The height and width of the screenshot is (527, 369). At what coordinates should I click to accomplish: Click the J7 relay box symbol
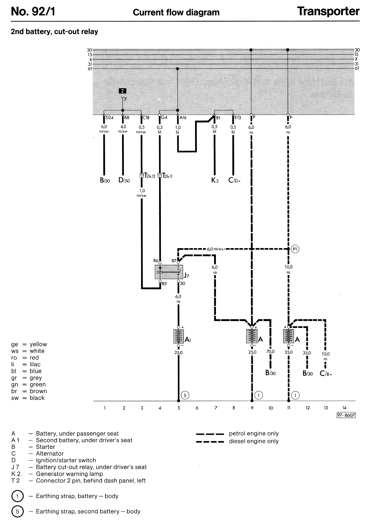click(x=169, y=272)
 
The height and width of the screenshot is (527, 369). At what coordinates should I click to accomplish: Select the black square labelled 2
click(x=122, y=91)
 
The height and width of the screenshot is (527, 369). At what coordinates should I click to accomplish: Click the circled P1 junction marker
click(x=295, y=249)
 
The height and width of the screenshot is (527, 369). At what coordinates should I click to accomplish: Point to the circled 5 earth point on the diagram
click(x=185, y=395)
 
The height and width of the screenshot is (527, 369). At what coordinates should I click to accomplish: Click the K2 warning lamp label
click(x=215, y=180)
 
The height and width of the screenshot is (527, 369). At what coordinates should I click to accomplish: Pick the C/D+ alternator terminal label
click(x=234, y=180)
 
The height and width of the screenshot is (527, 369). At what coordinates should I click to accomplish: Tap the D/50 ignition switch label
click(x=124, y=180)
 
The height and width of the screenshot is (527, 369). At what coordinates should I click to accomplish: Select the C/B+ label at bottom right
click(x=326, y=374)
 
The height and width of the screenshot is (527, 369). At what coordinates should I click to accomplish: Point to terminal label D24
click(x=109, y=118)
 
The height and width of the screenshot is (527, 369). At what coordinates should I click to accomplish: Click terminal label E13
click(x=238, y=118)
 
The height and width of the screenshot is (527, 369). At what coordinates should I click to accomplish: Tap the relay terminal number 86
click(x=156, y=260)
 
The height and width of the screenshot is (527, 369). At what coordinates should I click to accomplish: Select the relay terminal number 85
click(x=164, y=284)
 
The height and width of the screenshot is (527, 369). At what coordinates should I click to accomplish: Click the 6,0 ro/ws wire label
click(x=215, y=249)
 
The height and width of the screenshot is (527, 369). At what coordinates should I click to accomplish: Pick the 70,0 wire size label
click(x=270, y=352)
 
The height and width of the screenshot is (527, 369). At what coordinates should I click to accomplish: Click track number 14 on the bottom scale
click(x=344, y=408)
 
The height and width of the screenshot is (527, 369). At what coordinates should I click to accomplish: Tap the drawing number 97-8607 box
click(x=346, y=415)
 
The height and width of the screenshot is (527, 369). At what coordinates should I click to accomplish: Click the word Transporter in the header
click(x=328, y=11)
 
